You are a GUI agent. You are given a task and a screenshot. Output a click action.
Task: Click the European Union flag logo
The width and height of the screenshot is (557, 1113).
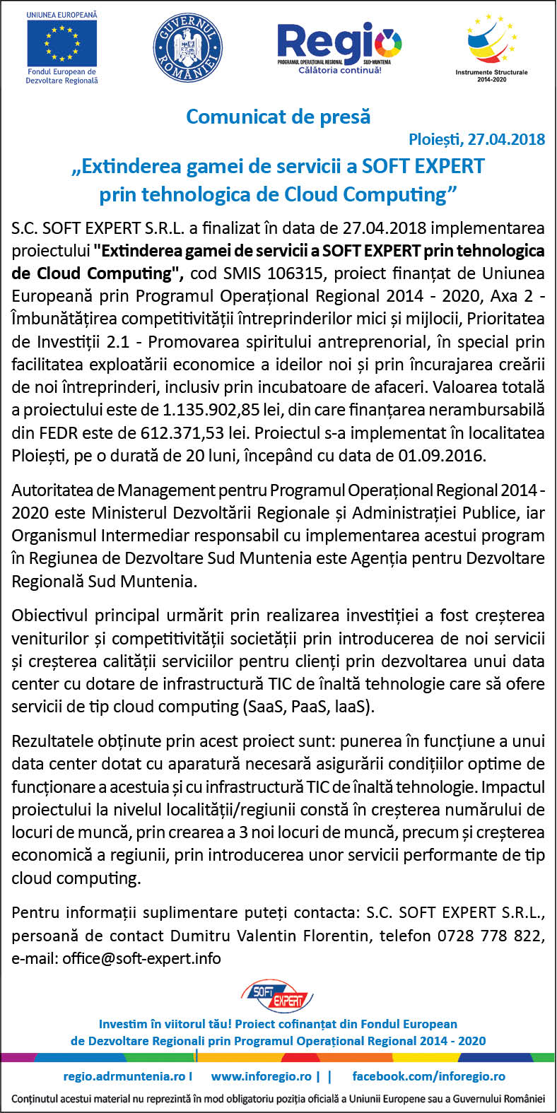click(61, 44)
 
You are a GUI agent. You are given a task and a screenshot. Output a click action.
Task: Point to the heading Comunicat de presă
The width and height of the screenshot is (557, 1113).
click(278, 116)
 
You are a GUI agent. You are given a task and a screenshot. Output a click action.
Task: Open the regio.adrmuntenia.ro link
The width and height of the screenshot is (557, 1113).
click(127, 1076)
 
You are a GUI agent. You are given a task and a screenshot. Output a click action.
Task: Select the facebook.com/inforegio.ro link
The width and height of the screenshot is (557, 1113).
click(429, 1076)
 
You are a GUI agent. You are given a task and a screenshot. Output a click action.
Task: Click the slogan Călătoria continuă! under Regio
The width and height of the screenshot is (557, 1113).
click(339, 70)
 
